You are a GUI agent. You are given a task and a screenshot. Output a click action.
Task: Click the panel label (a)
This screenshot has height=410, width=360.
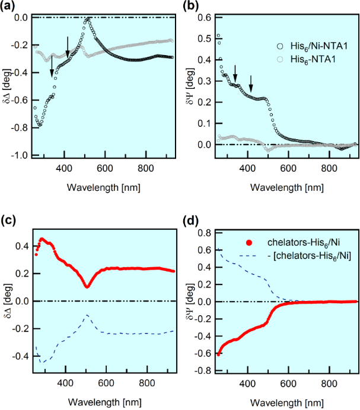(x=9, y=7)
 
